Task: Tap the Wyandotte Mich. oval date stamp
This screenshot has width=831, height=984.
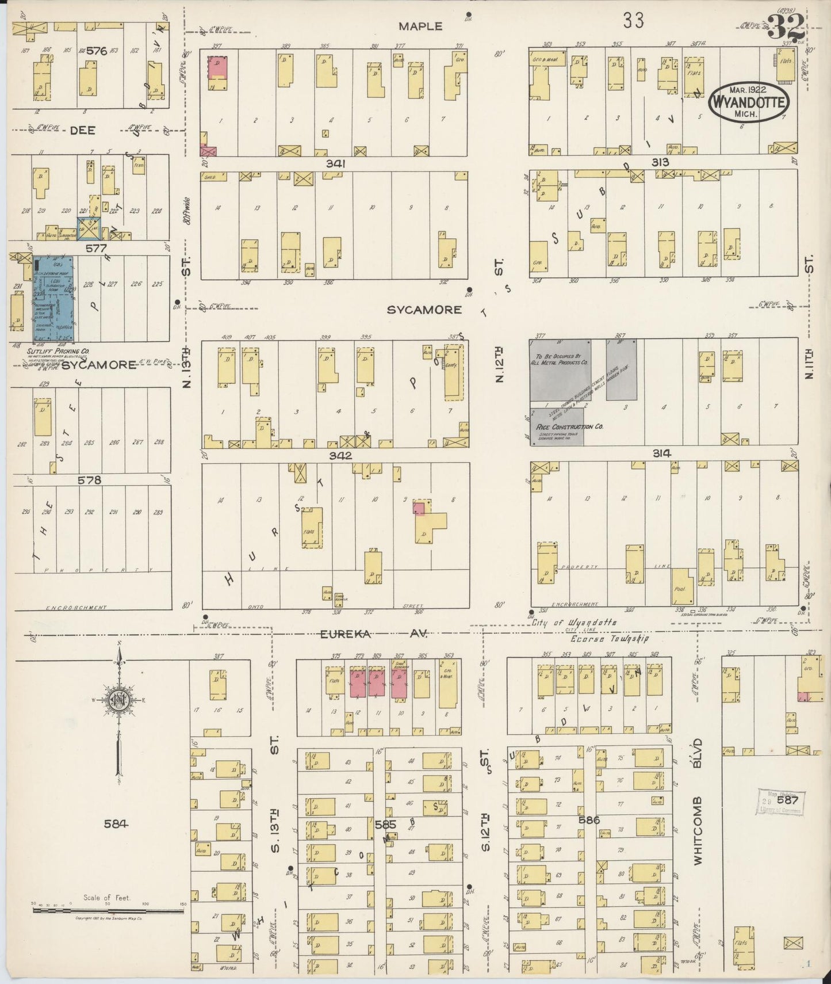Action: (x=748, y=102)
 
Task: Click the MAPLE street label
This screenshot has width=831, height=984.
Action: (x=420, y=26)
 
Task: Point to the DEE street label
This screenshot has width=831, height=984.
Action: (x=82, y=130)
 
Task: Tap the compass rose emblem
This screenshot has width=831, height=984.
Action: (x=120, y=700)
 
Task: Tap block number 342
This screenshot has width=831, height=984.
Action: (x=340, y=455)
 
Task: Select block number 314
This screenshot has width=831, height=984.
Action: (x=661, y=453)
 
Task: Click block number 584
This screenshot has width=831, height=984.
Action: (x=116, y=823)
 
